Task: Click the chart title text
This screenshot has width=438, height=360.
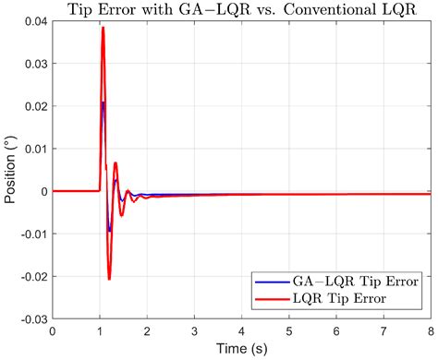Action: point(241,10)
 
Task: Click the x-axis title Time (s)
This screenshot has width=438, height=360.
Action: point(241,350)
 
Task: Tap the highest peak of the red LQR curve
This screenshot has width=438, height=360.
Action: point(103,28)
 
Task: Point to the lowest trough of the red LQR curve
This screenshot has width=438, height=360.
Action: point(109,278)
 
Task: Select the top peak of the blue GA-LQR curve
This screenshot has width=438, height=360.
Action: point(103,102)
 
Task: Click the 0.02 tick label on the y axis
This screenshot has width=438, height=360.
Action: point(33,107)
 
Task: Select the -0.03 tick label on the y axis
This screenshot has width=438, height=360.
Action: point(30,318)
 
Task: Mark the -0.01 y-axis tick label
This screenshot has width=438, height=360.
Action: point(30,234)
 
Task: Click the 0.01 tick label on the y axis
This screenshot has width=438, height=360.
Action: point(33,150)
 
